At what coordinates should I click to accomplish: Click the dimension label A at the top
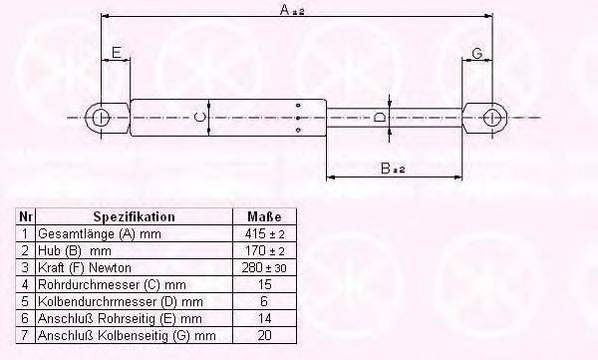[x=285, y=11]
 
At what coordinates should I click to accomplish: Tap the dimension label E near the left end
[x=116, y=52]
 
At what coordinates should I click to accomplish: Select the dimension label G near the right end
[x=477, y=52]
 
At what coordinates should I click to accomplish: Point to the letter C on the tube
[x=199, y=118]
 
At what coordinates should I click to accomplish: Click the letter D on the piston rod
[x=378, y=118]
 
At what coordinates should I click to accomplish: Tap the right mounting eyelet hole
[x=489, y=118]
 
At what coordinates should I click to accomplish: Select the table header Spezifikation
[x=134, y=216]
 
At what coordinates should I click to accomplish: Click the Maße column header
[x=264, y=216]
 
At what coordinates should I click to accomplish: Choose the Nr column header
[x=26, y=216]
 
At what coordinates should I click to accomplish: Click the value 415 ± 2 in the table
[x=264, y=232]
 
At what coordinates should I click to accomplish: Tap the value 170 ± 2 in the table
[x=264, y=249]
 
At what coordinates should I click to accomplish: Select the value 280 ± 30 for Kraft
[x=264, y=266]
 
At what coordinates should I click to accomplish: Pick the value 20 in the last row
[x=264, y=335]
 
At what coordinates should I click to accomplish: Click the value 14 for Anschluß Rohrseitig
[x=264, y=318]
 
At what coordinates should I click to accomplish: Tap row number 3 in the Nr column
[x=26, y=266]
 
